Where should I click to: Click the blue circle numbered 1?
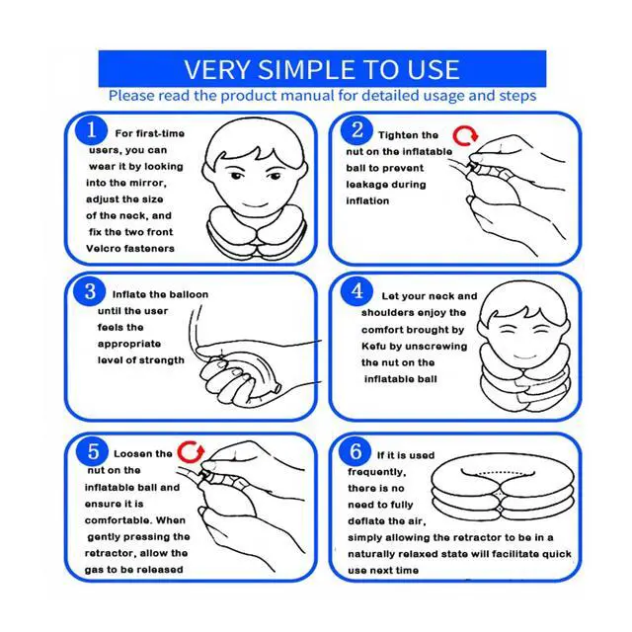click(x=92, y=130)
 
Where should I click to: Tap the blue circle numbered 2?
click(x=356, y=130)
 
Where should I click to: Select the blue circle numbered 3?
click(x=90, y=291)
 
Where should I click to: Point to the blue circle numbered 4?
click(x=356, y=291)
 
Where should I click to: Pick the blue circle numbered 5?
click(x=92, y=451)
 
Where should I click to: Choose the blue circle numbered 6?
click(x=355, y=450)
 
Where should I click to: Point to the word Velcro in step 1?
click(x=105, y=248)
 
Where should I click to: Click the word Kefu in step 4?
click(x=373, y=347)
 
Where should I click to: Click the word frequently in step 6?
click(x=376, y=472)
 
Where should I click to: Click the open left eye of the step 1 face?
click(x=236, y=176)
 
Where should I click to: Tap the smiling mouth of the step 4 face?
click(x=525, y=356)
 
